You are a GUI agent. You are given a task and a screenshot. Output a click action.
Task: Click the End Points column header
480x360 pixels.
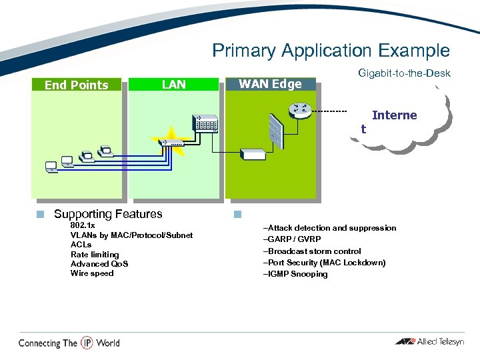(x=76, y=85)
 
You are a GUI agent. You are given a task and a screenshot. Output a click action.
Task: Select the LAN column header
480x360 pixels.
(x=174, y=84)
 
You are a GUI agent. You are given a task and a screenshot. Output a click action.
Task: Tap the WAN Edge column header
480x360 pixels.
(x=270, y=84)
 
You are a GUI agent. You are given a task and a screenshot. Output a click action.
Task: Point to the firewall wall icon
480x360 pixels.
(x=275, y=129)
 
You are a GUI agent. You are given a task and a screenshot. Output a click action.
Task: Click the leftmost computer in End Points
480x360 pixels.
(x=51, y=165)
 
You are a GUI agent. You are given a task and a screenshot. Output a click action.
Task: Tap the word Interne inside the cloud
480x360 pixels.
(x=394, y=115)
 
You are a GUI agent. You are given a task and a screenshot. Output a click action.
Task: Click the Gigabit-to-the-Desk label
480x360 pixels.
(x=404, y=73)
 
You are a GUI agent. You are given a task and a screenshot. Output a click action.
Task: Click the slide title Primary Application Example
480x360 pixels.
(x=331, y=51)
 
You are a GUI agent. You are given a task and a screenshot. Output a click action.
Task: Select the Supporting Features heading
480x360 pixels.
(x=108, y=214)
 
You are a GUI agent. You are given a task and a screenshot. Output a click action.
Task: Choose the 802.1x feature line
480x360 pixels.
(x=83, y=225)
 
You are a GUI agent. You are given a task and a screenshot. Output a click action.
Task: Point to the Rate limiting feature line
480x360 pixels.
(x=95, y=254)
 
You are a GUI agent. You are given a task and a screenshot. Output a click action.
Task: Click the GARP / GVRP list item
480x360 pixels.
(x=293, y=239)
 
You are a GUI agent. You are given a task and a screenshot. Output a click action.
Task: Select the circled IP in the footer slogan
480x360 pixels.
(x=87, y=343)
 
